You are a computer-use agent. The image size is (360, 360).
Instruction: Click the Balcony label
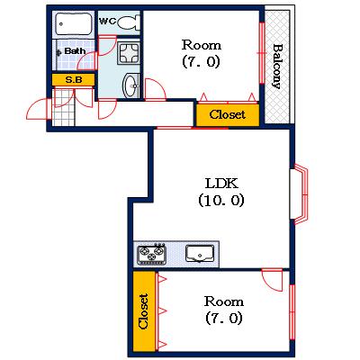click(x=278, y=66)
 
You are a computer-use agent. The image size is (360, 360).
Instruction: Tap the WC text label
click(x=106, y=21)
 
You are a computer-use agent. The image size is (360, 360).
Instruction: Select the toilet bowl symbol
click(x=128, y=22)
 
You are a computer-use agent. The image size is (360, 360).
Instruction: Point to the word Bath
click(x=75, y=51)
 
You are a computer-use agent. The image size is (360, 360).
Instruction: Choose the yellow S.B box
click(x=69, y=80)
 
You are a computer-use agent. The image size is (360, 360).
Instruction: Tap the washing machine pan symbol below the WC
click(x=130, y=51)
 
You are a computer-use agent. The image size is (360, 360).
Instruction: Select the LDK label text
click(x=220, y=184)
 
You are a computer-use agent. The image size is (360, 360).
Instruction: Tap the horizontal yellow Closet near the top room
click(x=228, y=114)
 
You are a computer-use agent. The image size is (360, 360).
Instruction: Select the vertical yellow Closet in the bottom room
click(x=143, y=311)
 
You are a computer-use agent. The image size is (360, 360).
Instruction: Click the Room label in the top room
click(x=201, y=45)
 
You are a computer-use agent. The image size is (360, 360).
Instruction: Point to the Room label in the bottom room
click(x=222, y=301)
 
